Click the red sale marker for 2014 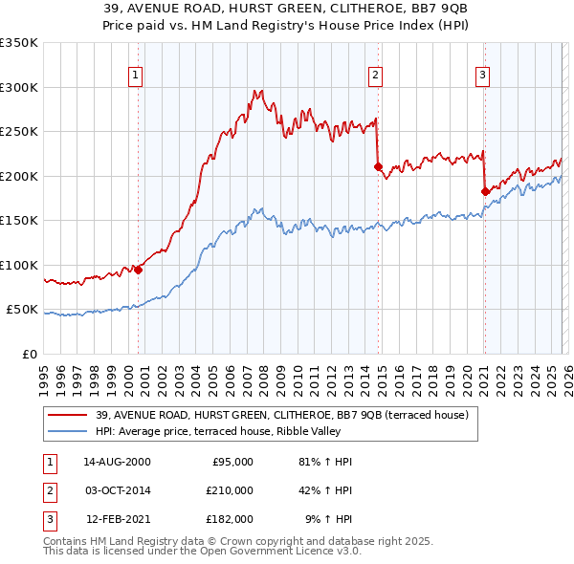(x=378, y=167)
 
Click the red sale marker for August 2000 (x=139, y=270)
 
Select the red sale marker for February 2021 (x=485, y=192)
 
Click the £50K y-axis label (x=23, y=310)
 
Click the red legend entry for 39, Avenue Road (x=281, y=415)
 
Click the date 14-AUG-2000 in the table (x=117, y=462)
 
